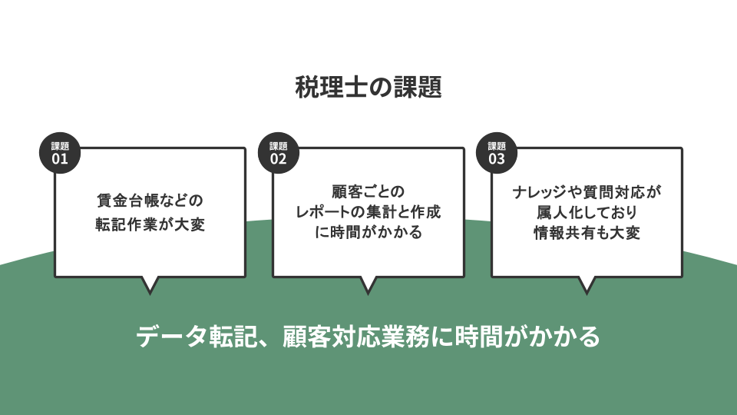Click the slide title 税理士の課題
point(368,87)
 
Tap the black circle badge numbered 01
point(60,153)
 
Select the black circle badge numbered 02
point(278,153)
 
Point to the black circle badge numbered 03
point(497,153)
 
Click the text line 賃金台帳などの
point(150,201)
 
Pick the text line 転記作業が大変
point(150,224)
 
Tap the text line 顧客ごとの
point(368,191)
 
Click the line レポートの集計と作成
point(368,212)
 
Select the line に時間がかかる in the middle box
point(368,232)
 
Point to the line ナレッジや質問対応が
point(587,192)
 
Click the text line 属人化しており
point(587,212)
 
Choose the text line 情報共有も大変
point(587,232)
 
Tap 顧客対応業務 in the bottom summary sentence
point(355,337)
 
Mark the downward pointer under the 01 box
point(150,285)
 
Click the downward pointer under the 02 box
point(368,285)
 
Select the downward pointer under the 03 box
point(587,285)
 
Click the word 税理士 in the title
point(332,87)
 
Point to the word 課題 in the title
point(418,87)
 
